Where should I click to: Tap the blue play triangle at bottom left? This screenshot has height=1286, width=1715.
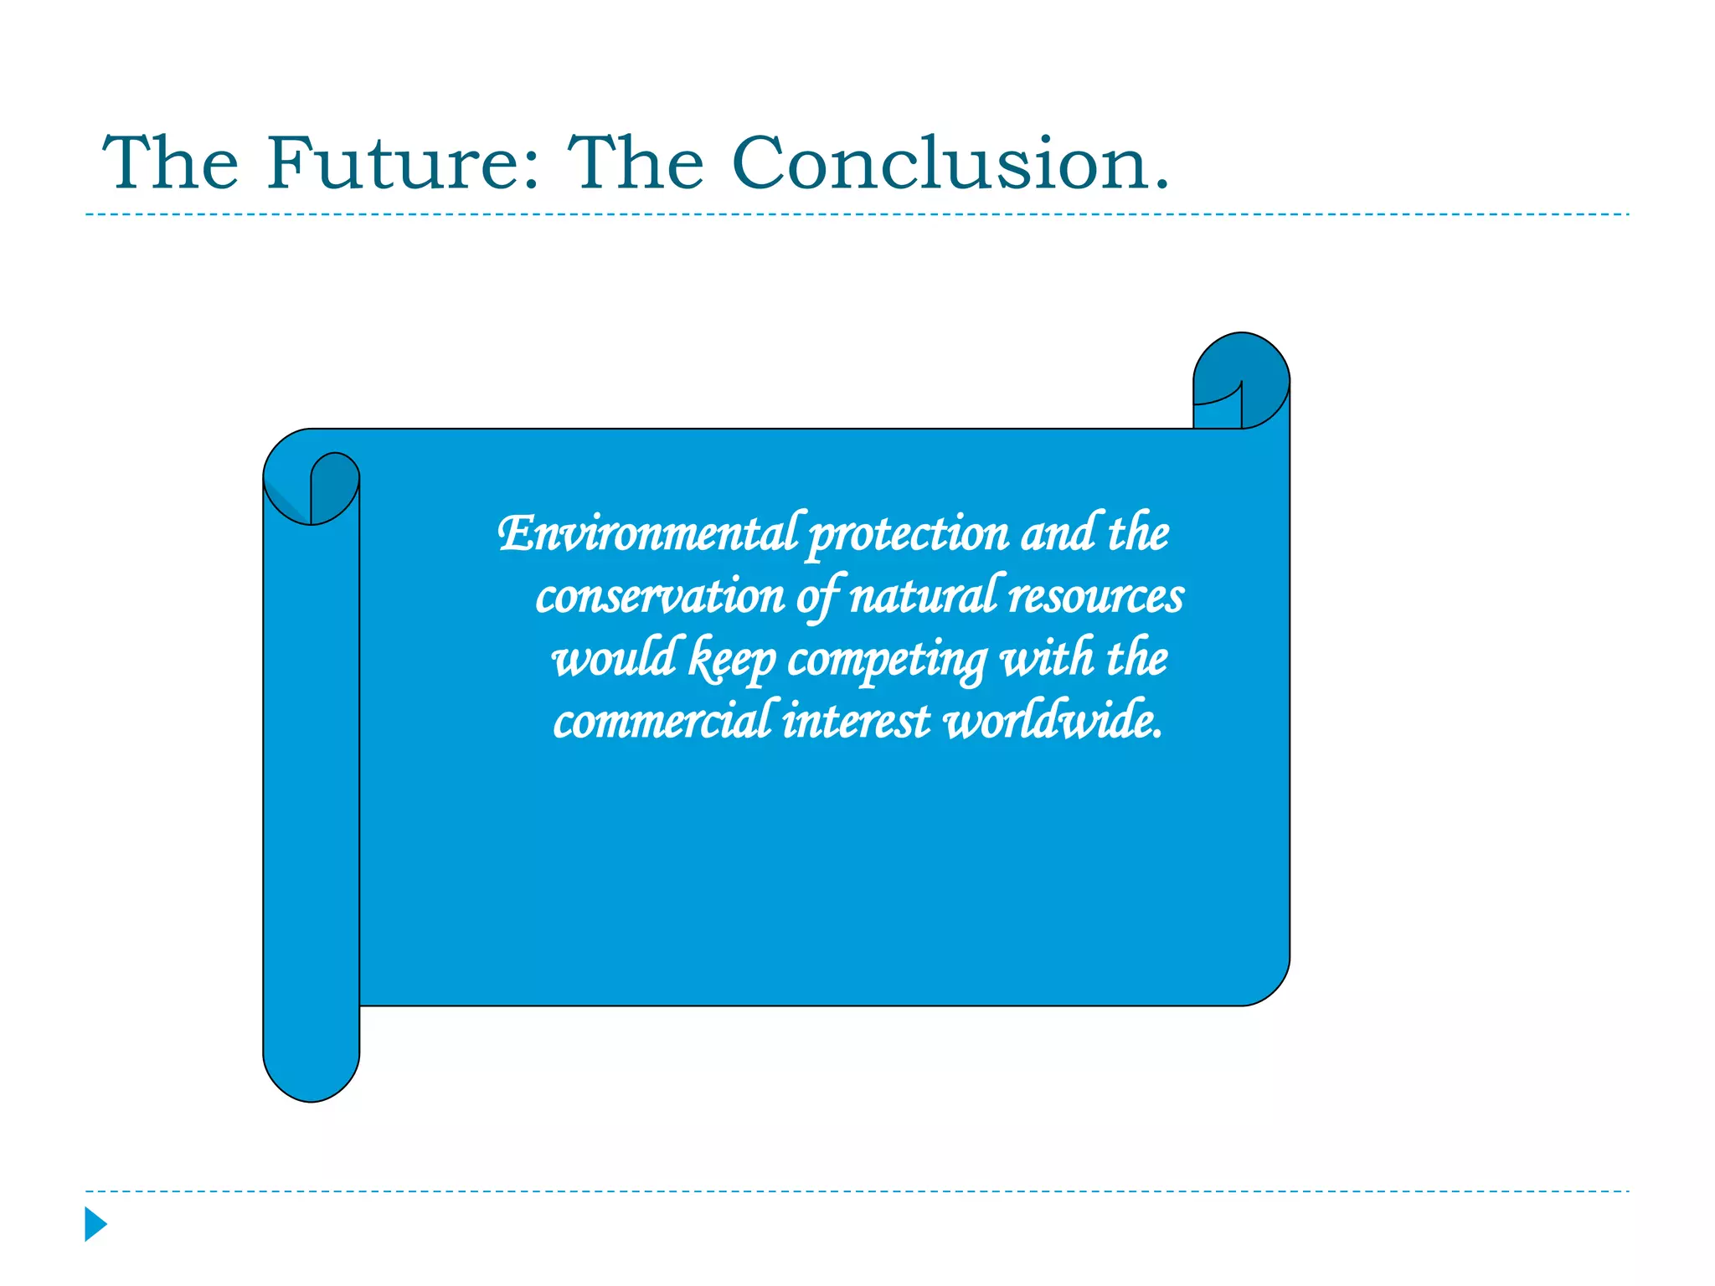pyautogui.click(x=95, y=1224)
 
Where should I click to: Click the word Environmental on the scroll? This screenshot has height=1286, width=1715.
pyautogui.click(x=647, y=534)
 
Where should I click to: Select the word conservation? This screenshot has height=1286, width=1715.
pyautogui.click(x=660, y=597)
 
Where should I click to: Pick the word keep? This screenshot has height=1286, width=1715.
pyautogui.click(x=731, y=660)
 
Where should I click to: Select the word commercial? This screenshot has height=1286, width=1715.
pyautogui.click(x=661, y=722)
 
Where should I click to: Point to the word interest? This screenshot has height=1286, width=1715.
pyautogui.click(x=855, y=722)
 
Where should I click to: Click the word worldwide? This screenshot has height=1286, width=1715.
pyautogui.click(x=1053, y=721)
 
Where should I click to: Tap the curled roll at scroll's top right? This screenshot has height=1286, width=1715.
pyautogui.click(x=1241, y=377)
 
